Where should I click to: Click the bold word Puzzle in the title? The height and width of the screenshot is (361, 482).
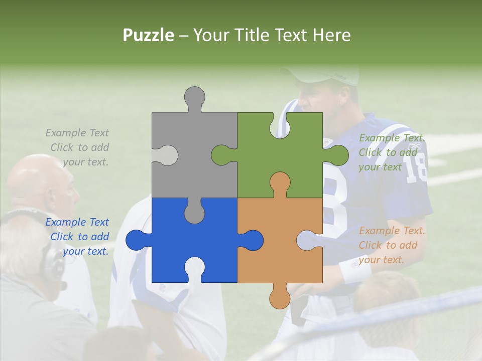[149, 35]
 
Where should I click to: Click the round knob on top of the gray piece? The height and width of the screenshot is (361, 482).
[194, 96]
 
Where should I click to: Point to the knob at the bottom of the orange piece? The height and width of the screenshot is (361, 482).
[280, 298]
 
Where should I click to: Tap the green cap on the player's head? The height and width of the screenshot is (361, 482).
[326, 75]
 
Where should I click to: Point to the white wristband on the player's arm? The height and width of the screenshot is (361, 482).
[355, 270]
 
